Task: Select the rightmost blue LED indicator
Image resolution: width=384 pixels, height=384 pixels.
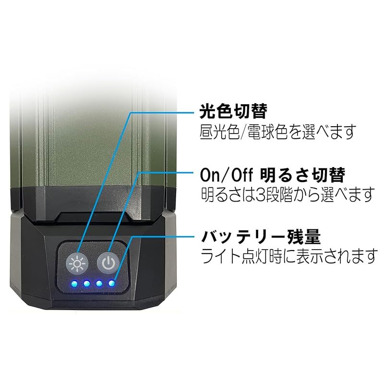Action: (x=111, y=283)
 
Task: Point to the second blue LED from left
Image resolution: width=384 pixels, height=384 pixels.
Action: (x=87, y=283)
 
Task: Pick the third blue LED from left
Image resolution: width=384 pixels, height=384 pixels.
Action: (x=99, y=283)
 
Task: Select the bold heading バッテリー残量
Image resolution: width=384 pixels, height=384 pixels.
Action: (x=260, y=237)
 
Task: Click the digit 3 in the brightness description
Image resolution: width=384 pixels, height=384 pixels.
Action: (x=260, y=194)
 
